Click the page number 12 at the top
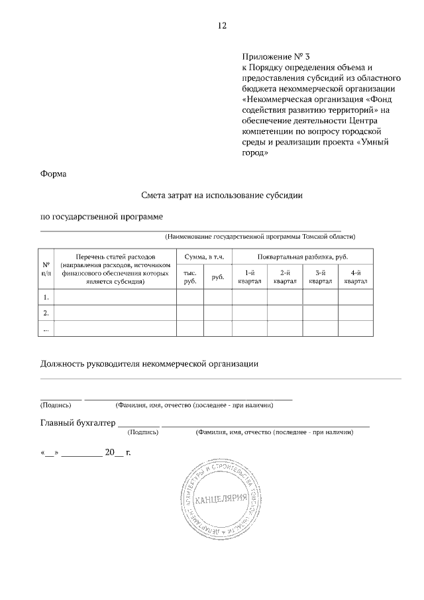(x=222, y=26)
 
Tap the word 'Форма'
(x=54, y=174)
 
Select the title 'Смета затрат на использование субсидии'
(x=221, y=196)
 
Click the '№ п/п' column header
(x=46, y=269)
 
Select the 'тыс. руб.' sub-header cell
(x=189, y=277)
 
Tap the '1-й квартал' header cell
(x=250, y=277)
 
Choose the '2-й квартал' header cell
(x=285, y=277)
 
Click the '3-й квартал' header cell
(x=320, y=277)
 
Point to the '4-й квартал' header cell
(x=356, y=277)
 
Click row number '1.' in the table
(x=46, y=297)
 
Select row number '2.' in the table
(x=46, y=313)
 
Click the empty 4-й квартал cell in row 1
(x=356, y=297)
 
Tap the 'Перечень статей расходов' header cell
(x=115, y=269)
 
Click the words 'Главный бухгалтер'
(x=78, y=422)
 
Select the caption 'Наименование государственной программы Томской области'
(x=260, y=236)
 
